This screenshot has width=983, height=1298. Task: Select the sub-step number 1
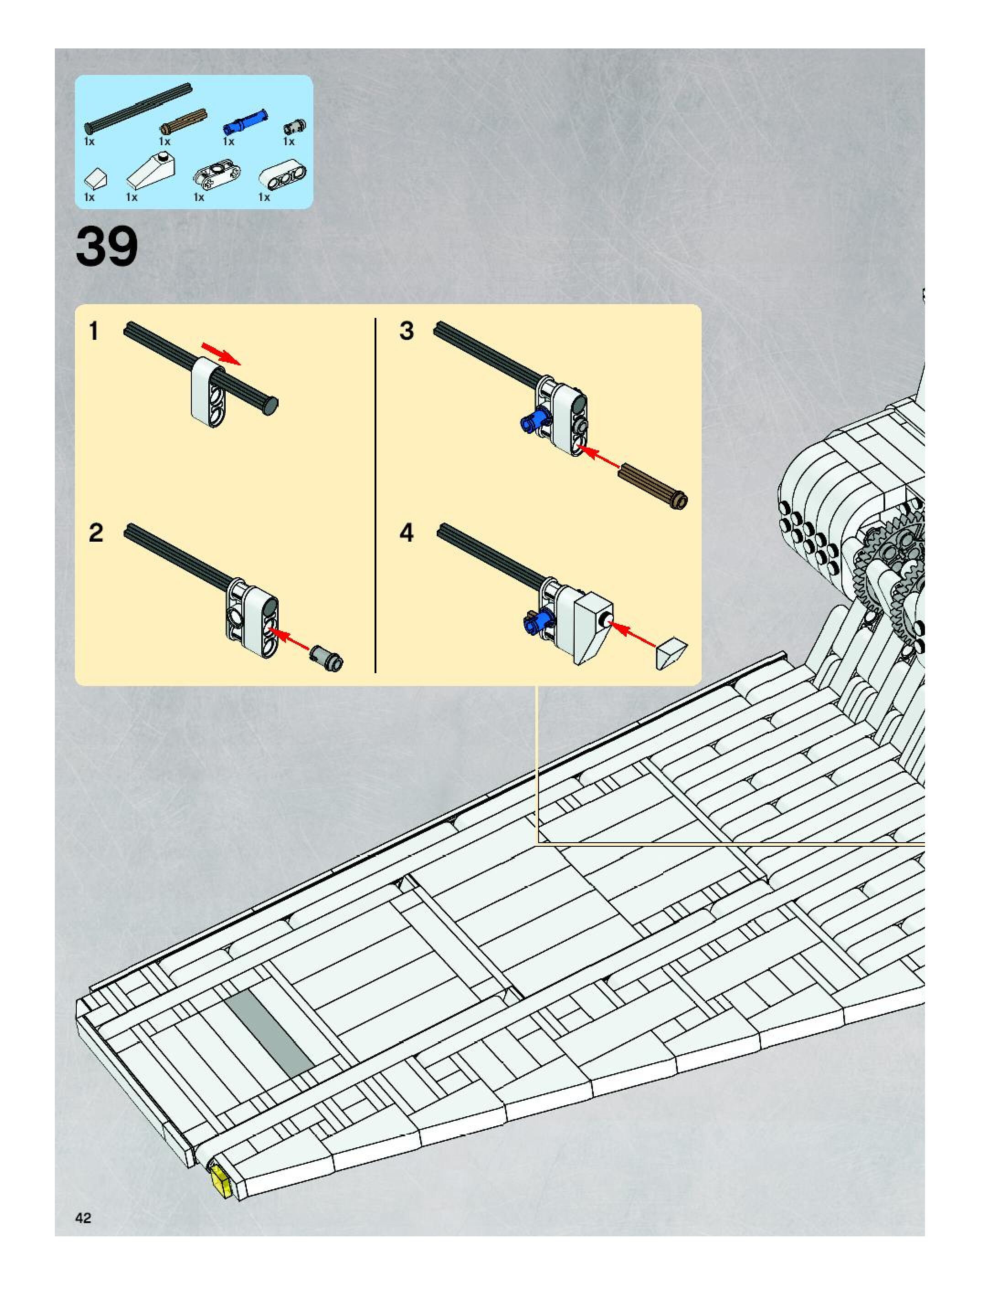click(93, 332)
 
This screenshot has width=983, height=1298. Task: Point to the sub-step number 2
click(95, 533)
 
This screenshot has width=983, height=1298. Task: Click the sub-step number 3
click(407, 332)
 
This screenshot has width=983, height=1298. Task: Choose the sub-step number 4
click(407, 533)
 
